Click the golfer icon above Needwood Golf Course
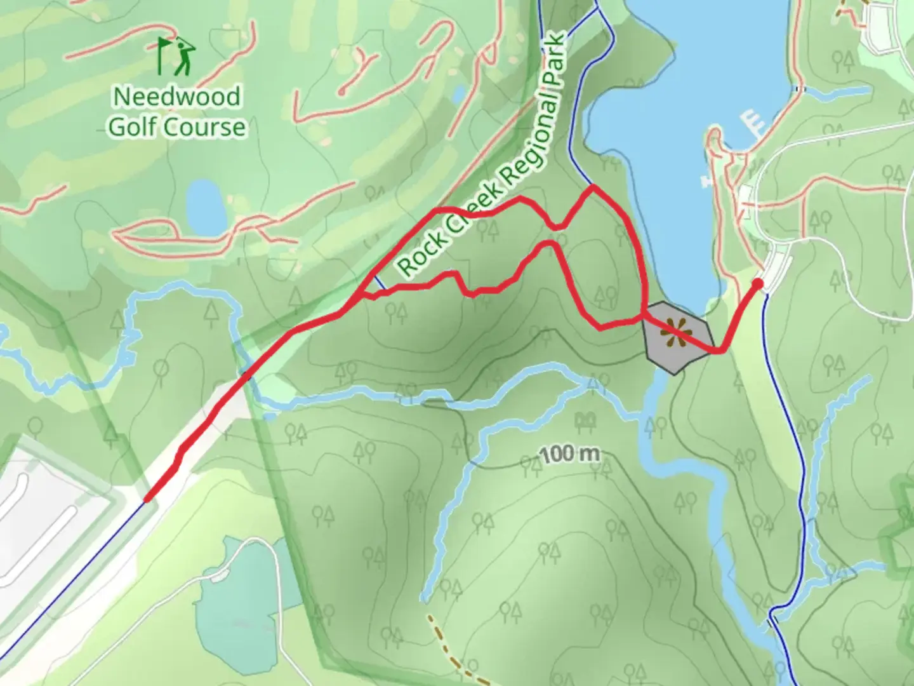tap(177, 56)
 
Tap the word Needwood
tap(177, 97)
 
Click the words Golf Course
tap(176, 126)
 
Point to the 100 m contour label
tap(569, 454)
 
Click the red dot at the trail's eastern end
tap(757, 283)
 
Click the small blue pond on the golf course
tap(206, 206)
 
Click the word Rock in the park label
tap(416, 257)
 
